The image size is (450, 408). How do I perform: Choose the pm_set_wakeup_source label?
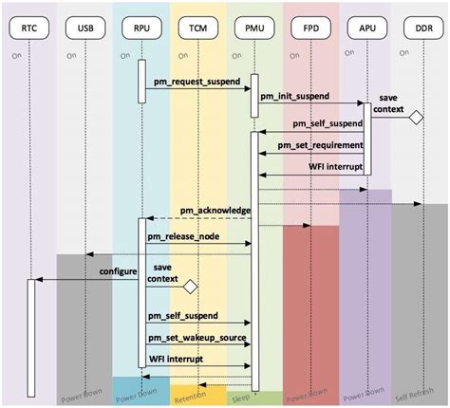pos(197,337)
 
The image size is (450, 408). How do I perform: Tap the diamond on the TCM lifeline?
pos(190,285)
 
